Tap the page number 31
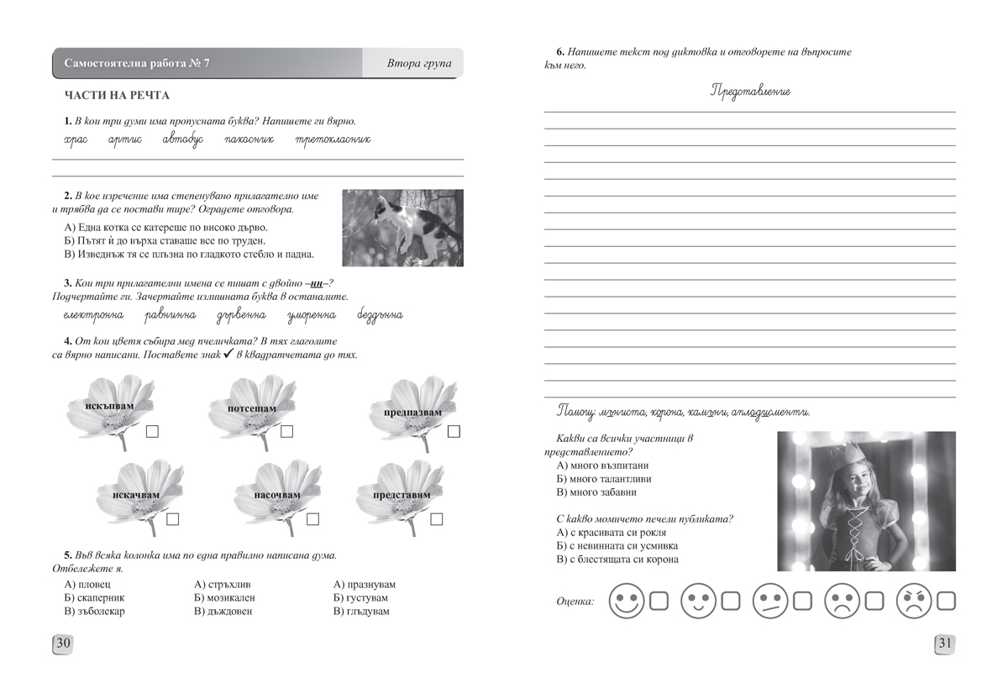tap(944, 644)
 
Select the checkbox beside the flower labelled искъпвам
tap(153, 432)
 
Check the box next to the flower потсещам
tap(286, 432)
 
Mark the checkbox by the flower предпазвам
tap(454, 432)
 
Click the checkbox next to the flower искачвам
tap(173, 519)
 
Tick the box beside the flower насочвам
tap(312, 519)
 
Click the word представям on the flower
tap(401, 495)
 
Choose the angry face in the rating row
tap(916, 602)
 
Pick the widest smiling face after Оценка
tap(627, 602)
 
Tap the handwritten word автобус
tap(183, 139)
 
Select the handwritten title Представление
tap(750, 92)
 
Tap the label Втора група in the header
tap(419, 64)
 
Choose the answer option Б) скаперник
tap(94, 597)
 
